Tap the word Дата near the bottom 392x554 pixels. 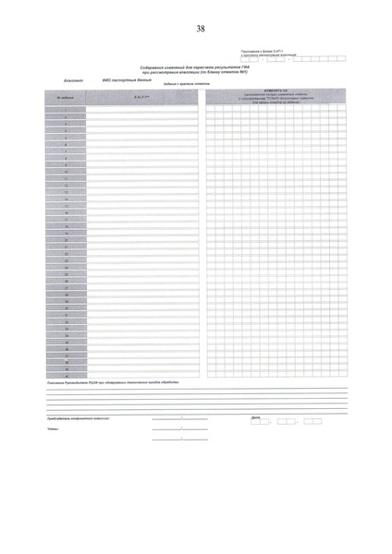click(255, 417)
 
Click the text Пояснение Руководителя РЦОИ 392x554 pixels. click(83, 381)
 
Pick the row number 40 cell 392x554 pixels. click(64, 374)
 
